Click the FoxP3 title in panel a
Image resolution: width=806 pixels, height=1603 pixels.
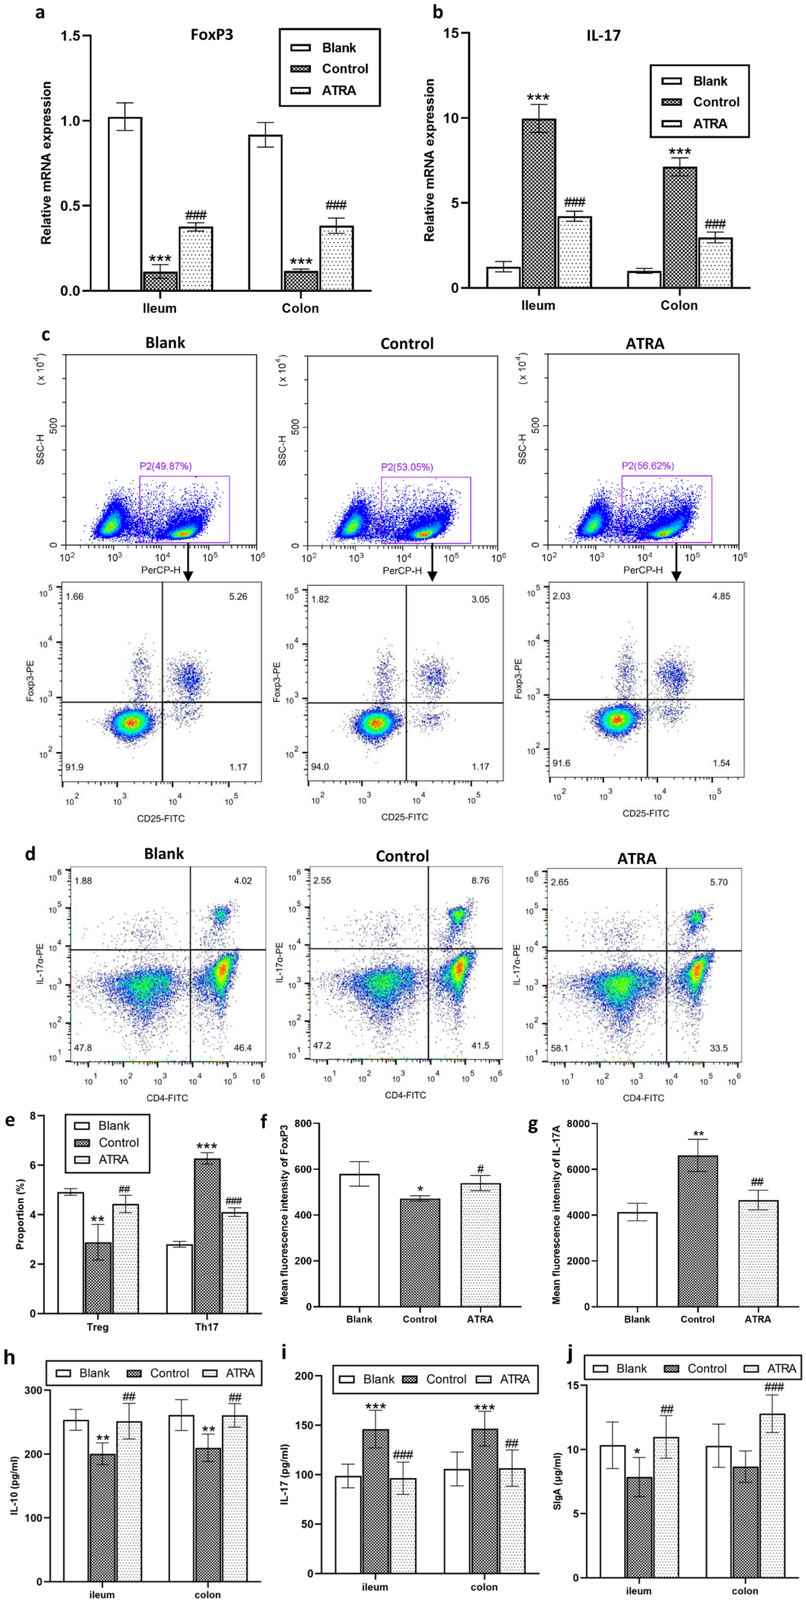(211, 35)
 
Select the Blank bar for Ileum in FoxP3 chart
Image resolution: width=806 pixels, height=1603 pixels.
(125, 204)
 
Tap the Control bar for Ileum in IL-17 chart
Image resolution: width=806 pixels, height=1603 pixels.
(538, 203)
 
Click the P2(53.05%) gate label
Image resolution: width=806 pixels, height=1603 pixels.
(407, 467)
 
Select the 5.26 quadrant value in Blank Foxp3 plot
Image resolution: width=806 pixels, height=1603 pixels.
(238, 597)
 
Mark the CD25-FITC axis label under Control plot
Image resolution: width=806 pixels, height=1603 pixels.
(405, 817)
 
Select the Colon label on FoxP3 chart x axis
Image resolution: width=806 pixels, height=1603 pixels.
(300, 308)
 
